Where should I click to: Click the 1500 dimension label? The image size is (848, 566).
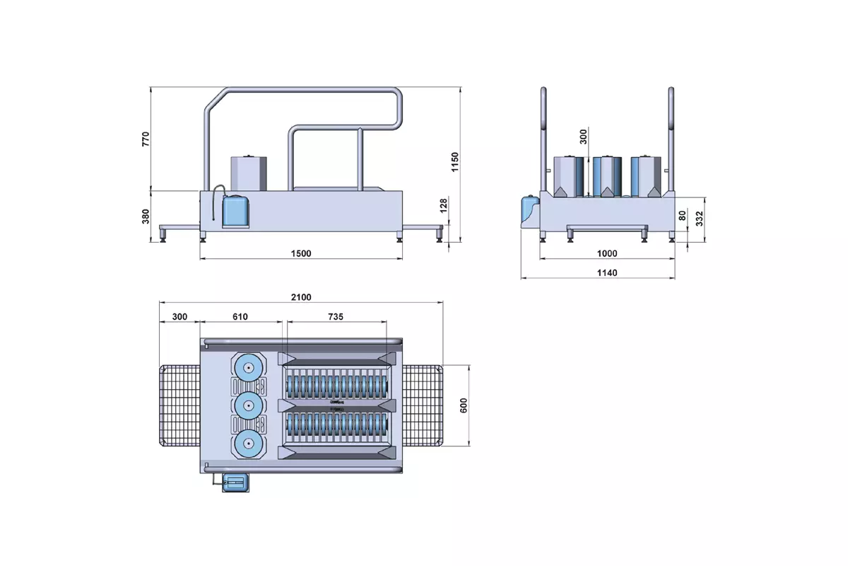(x=301, y=253)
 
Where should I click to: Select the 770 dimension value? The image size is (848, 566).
(x=146, y=139)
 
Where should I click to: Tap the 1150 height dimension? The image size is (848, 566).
(x=454, y=162)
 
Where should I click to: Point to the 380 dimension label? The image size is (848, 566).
(x=146, y=216)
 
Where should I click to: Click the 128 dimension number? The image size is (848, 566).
(x=444, y=205)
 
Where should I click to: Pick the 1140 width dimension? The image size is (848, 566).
(x=607, y=272)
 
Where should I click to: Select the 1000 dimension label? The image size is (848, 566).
(x=607, y=253)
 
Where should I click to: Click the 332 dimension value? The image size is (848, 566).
(x=699, y=219)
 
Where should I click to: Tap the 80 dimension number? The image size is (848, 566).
(x=682, y=216)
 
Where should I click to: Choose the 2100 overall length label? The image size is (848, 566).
(x=301, y=297)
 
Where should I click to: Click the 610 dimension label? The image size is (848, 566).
(x=240, y=316)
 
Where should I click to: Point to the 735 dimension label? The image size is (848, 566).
(x=336, y=316)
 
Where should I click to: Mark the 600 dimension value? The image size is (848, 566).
(x=464, y=405)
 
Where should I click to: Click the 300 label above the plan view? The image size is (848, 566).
(x=179, y=316)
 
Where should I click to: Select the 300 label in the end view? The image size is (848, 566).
(x=584, y=137)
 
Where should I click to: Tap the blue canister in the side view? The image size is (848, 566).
(x=235, y=211)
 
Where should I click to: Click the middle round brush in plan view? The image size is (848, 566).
(x=248, y=405)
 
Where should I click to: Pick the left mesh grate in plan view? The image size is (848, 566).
(x=179, y=405)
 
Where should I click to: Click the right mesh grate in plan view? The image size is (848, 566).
(x=423, y=405)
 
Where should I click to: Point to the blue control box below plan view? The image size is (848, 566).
(x=235, y=483)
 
